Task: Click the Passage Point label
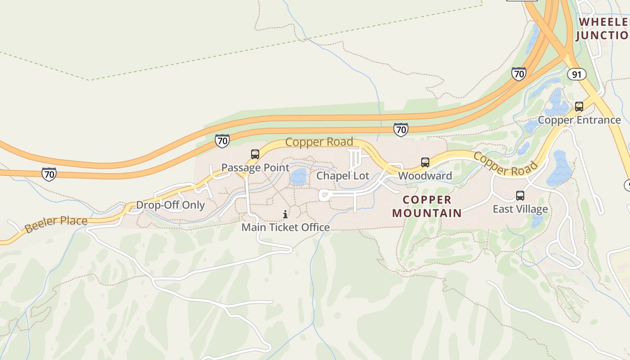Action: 255,168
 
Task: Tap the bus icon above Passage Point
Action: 255,154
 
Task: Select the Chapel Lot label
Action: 342,175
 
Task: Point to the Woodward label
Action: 425,175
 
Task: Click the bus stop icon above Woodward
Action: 425,162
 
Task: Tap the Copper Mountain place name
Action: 427,206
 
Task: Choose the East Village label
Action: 520,209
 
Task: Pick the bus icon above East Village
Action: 520,196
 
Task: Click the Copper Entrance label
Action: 579,120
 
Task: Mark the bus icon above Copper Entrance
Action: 579,107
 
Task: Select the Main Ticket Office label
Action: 285,227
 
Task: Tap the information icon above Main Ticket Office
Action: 285,214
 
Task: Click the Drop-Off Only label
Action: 170,205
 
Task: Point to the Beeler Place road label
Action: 56,224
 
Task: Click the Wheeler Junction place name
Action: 603,28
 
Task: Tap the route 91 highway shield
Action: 576,74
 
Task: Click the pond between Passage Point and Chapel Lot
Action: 298,177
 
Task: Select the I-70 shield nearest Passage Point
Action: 222,140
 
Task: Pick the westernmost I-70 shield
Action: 49,174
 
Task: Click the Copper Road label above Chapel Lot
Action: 319,142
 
